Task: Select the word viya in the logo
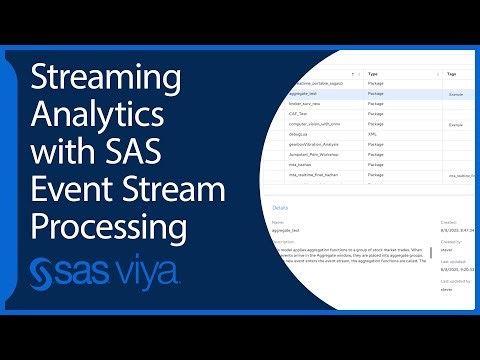(x=144, y=271)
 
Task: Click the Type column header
(x=374, y=74)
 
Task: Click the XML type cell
(x=373, y=134)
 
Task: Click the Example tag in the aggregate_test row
(x=455, y=93)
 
